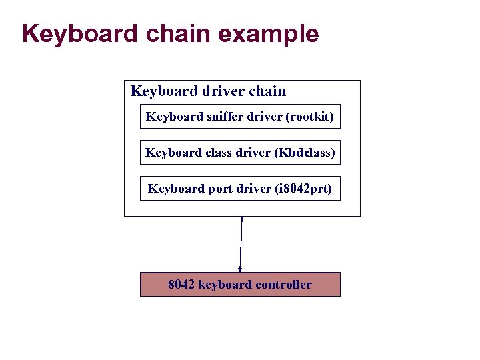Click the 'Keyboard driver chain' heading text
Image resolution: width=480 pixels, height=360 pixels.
[208, 91]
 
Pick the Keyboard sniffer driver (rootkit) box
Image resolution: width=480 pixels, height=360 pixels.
[240, 117]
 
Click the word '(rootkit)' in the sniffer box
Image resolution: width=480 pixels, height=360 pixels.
[309, 117]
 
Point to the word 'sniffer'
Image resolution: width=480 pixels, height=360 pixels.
[225, 117]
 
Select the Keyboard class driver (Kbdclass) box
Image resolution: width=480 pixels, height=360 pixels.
[240, 153]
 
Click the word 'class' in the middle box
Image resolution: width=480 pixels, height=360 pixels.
[219, 153]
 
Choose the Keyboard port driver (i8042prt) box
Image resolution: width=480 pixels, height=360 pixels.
[240, 189]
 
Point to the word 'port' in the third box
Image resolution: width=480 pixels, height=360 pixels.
[219, 189]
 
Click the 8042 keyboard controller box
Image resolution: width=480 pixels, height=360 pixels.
[240, 285]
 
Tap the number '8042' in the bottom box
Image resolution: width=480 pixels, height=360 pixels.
[181, 285]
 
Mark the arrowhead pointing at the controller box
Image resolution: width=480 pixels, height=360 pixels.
[240, 269]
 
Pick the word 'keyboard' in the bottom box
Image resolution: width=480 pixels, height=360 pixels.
[225, 285]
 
